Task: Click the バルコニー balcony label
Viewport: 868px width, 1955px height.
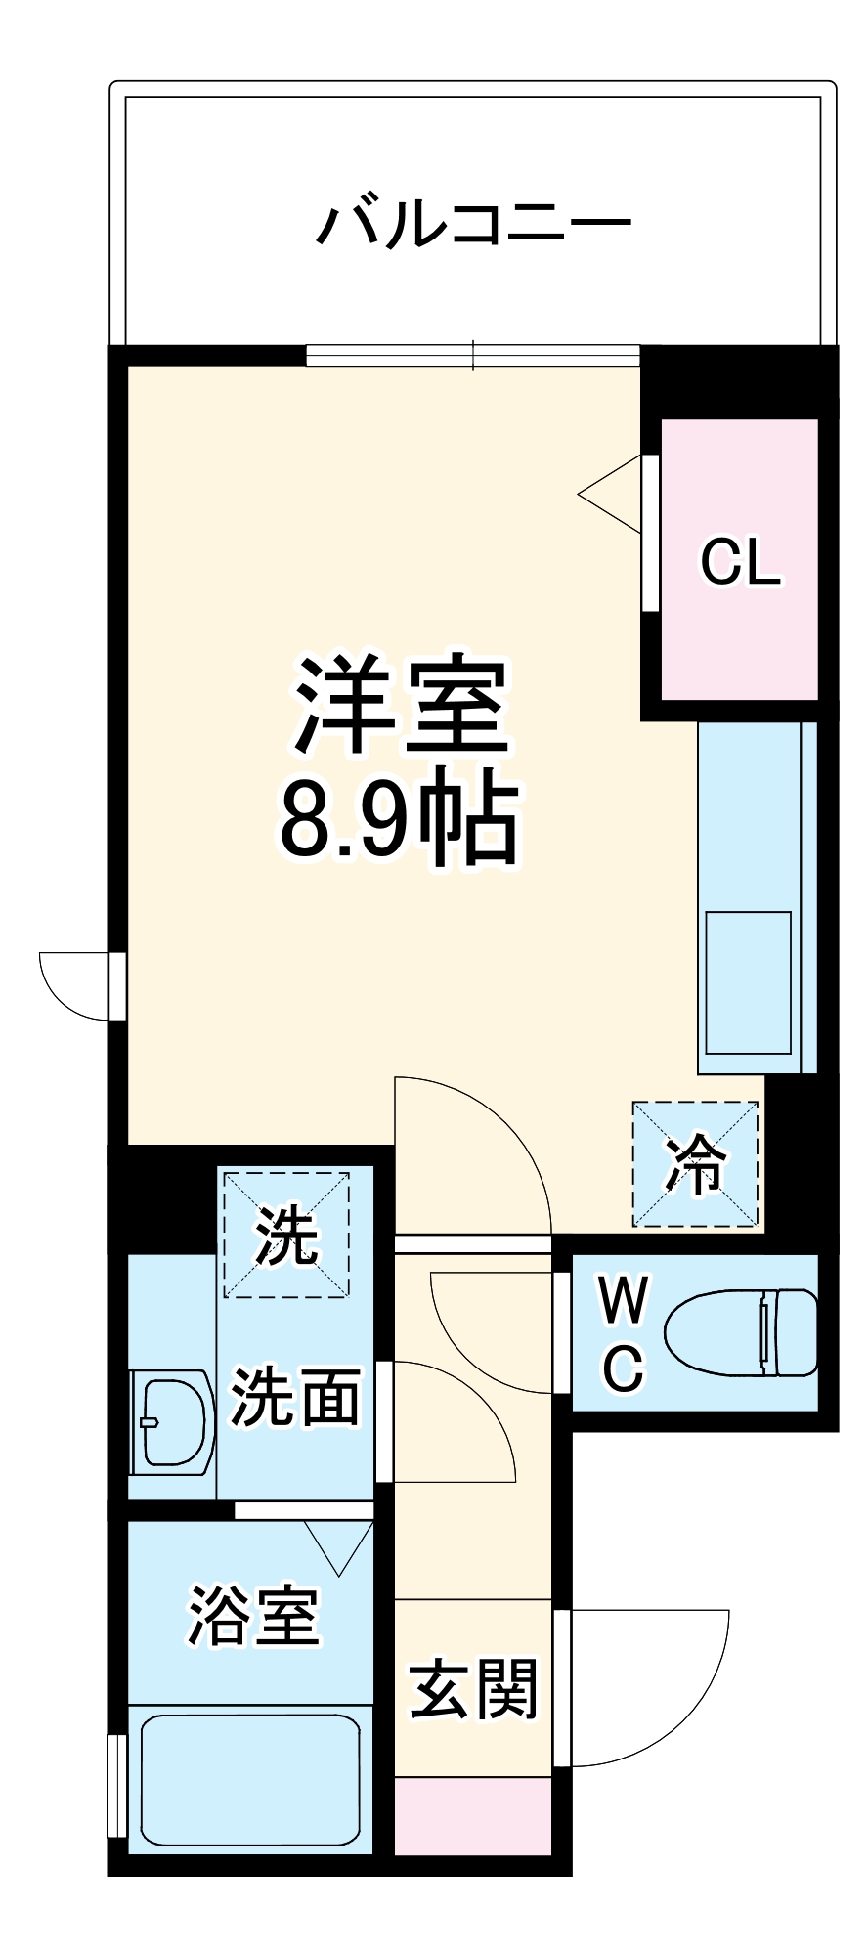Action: point(474,224)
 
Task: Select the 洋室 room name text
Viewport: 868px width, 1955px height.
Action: point(403,705)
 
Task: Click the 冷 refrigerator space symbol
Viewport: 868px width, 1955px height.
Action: point(695,1164)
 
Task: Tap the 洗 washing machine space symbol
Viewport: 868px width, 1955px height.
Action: point(286,1236)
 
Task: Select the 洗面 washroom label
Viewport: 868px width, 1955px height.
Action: point(294,1397)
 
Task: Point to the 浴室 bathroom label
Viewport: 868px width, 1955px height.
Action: point(253,1616)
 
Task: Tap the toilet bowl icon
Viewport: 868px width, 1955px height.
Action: point(741,1332)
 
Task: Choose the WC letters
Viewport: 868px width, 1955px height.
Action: point(623,1333)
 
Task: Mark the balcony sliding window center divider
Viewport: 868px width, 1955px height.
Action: point(474,355)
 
